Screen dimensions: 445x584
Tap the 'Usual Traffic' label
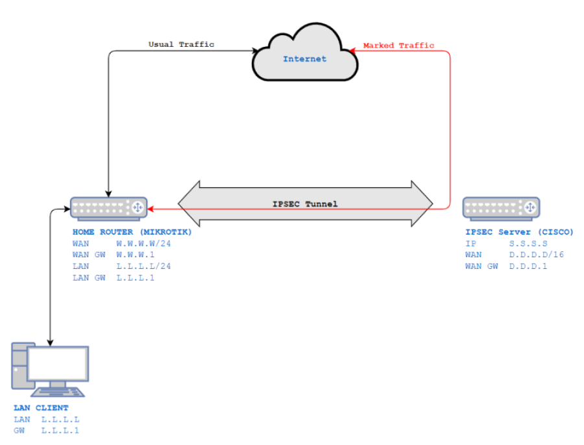pyautogui.click(x=181, y=45)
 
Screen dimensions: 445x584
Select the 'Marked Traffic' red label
pyautogui.click(x=398, y=45)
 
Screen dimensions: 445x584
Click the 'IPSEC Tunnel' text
pyautogui.click(x=305, y=204)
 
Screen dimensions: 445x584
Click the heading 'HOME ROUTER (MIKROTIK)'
pyautogui.click(x=132, y=232)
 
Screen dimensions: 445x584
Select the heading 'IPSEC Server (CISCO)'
pyautogui.click(x=519, y=232)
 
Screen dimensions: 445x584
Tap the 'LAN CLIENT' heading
pyautogui.click(x=41, y=408)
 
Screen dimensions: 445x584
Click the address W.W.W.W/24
pyautogui.click(x=143, y=244)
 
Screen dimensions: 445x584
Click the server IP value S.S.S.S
pyautogui.click(x=528, y=244)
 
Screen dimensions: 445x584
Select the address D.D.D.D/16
pyautogui.click(x=536, y=255)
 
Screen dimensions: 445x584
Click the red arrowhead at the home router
pyautogui.click(x=152, y=209)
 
